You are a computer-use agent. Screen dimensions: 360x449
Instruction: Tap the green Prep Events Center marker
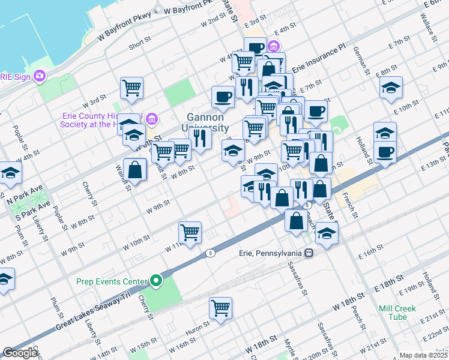click(x=156, y=281)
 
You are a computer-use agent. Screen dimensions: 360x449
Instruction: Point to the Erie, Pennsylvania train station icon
click(x=309, y=253)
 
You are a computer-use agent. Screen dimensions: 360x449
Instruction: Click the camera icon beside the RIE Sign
click(x=40, y=76)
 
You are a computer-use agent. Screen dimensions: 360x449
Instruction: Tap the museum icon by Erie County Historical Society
click(x=151, y=119)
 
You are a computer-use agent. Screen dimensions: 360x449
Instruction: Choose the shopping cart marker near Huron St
click(x=221, y=308)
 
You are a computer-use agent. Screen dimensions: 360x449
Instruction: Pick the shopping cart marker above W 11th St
click(x=190, y=232)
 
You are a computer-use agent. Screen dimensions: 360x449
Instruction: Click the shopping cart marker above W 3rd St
click(x=131, y=88)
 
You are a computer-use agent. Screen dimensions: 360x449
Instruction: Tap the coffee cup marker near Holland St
click(x=385, y=152)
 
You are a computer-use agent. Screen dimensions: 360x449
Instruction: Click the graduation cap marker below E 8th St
click(x=391, y=88)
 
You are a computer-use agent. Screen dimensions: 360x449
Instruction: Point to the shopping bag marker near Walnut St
click(x=135, y=169)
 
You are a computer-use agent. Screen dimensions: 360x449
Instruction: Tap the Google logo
click(x=20, y=353)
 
